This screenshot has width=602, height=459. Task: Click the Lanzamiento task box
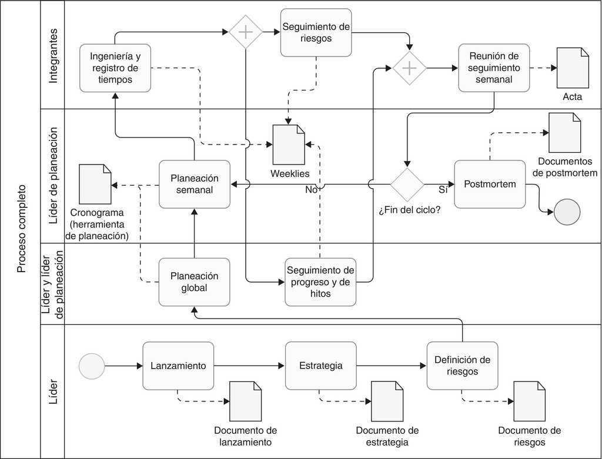(x=178, y=366)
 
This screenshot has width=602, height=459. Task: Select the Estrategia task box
(x=320, y=366)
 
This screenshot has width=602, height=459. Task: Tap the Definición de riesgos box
(x=462, y=366)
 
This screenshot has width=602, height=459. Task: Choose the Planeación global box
(x=194, y=282)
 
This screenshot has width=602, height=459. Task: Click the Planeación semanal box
(x=194, y=184)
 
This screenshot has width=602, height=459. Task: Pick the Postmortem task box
(x=490, y=184)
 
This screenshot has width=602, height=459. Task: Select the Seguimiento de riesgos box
(x=316, y=32)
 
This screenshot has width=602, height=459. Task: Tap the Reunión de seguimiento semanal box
(x=494, y=68)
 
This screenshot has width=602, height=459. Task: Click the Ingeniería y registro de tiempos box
(x=115, y=68)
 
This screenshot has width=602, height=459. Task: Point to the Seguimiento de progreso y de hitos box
(x=320, y=282)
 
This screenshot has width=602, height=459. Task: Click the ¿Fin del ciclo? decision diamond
(x=407, y=185)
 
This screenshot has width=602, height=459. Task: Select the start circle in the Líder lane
(x=92, y=366)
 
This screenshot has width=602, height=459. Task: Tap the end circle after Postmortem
(x=567, y=212)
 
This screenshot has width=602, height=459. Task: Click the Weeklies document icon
(x=289, y=145)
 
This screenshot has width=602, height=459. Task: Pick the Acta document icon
(x=573, y=68)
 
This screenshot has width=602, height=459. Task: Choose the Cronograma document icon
(x=95, y=183)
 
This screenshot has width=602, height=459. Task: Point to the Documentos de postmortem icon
(x=564, y=132)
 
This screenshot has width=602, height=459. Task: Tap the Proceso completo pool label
(x=21, y=229)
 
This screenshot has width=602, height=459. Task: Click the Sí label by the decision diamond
(x=443, y=190)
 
